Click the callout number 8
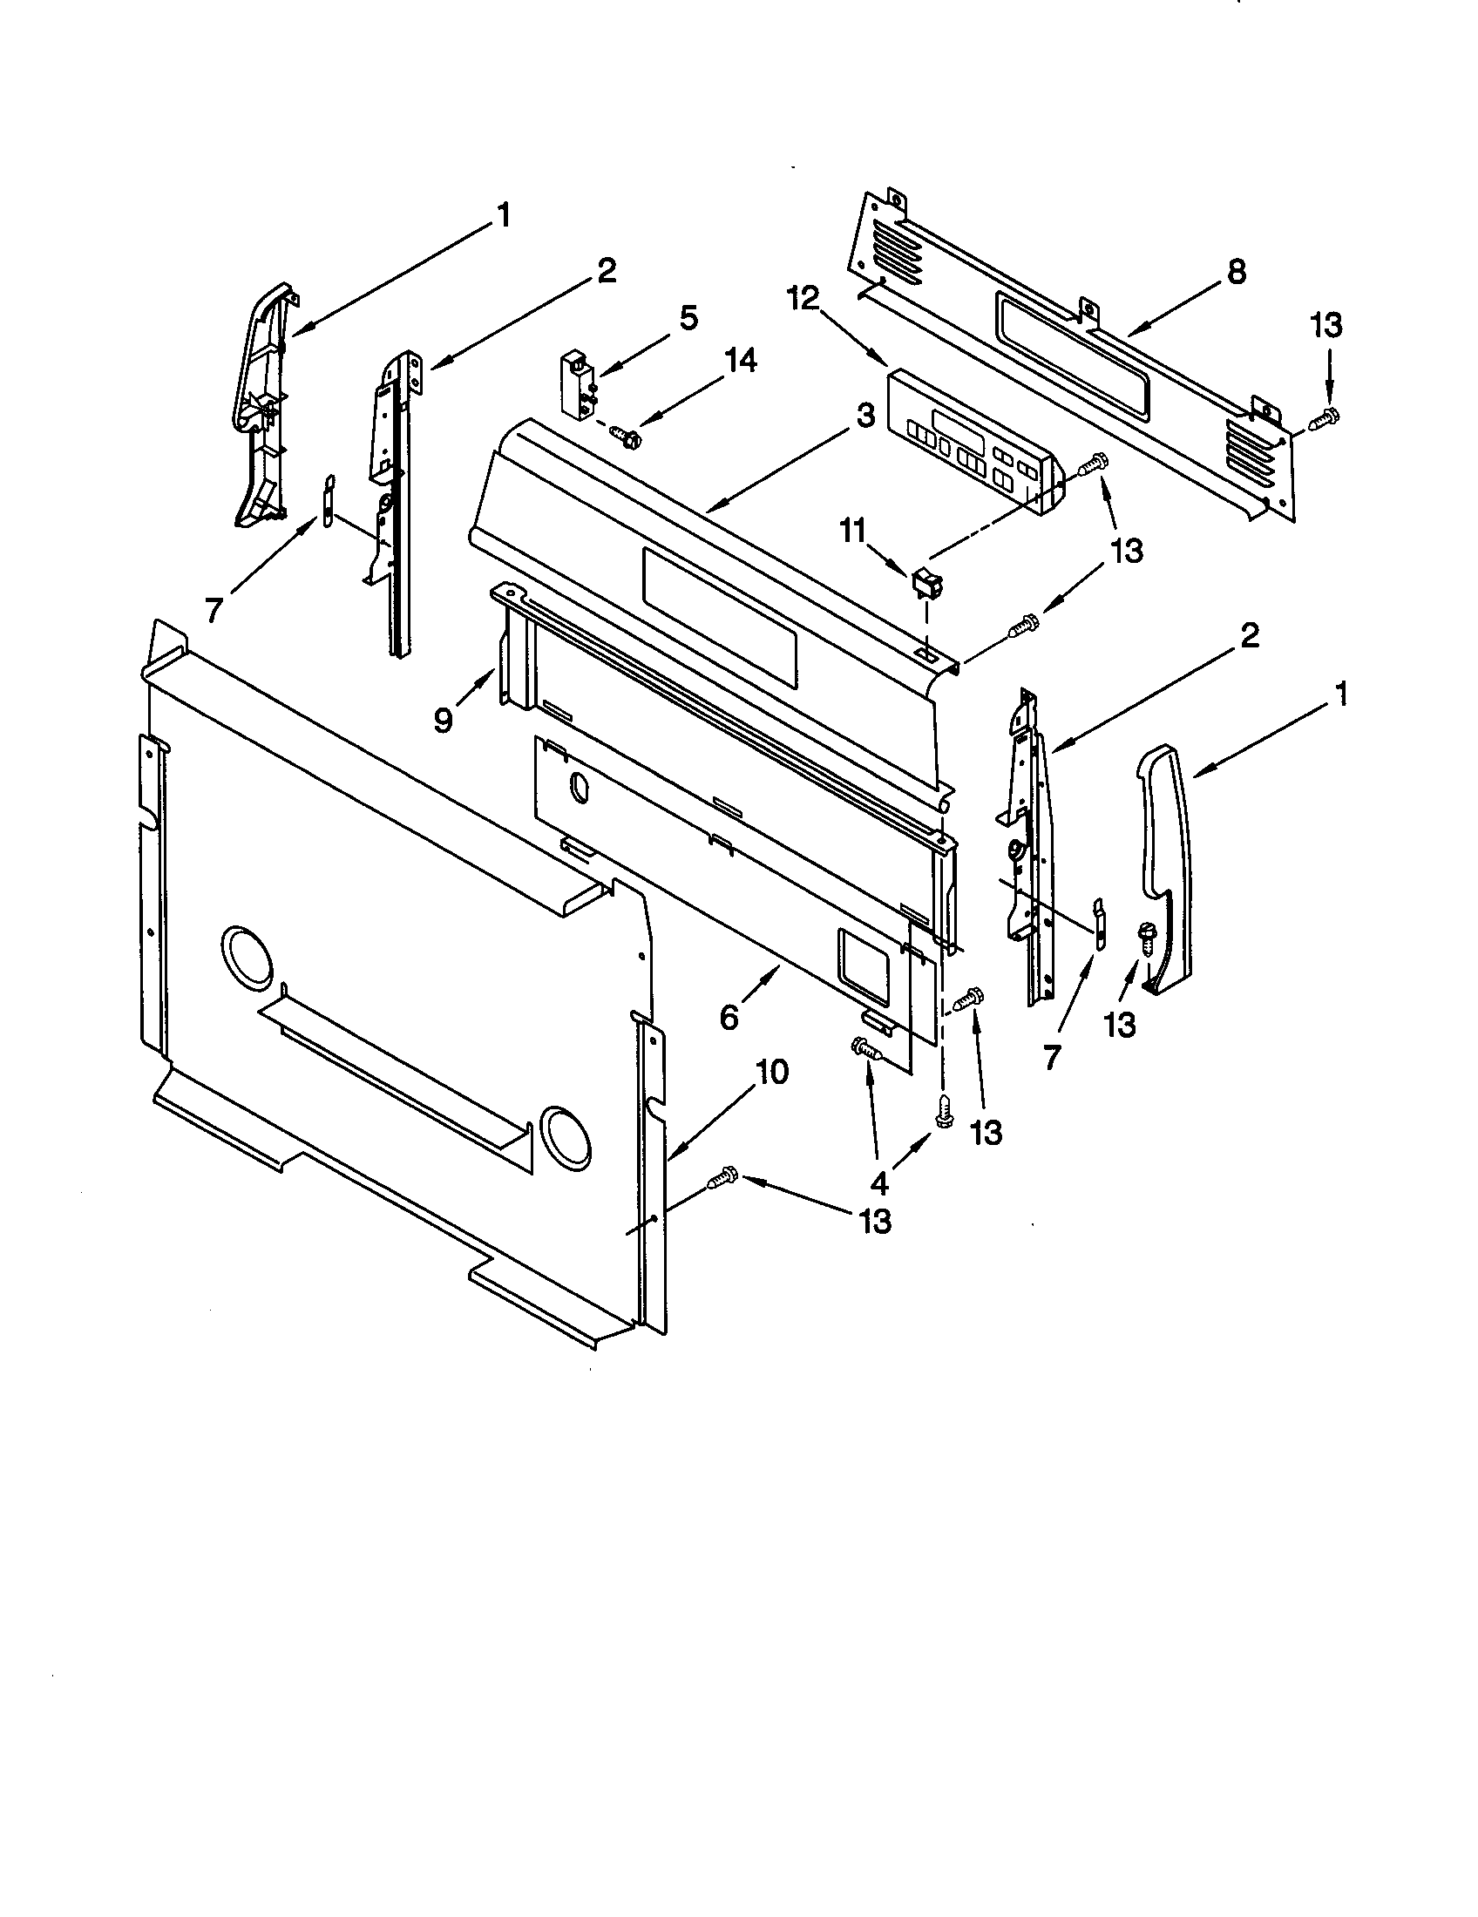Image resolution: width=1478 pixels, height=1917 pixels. coord(1236,272)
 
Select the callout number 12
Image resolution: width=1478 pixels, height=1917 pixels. coord(803,299)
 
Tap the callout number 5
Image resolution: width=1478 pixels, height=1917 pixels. coord(689,318)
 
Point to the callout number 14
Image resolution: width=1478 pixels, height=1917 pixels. coord(740,361)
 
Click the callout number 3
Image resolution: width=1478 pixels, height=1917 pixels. coord(866,416)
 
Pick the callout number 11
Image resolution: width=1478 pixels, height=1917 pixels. coord(853,532)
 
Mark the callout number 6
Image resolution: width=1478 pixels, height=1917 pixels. coord(729,1016)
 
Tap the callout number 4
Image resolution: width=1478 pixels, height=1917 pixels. coord(879,1184)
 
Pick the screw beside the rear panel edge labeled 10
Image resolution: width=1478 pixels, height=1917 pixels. coord(723,1177)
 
